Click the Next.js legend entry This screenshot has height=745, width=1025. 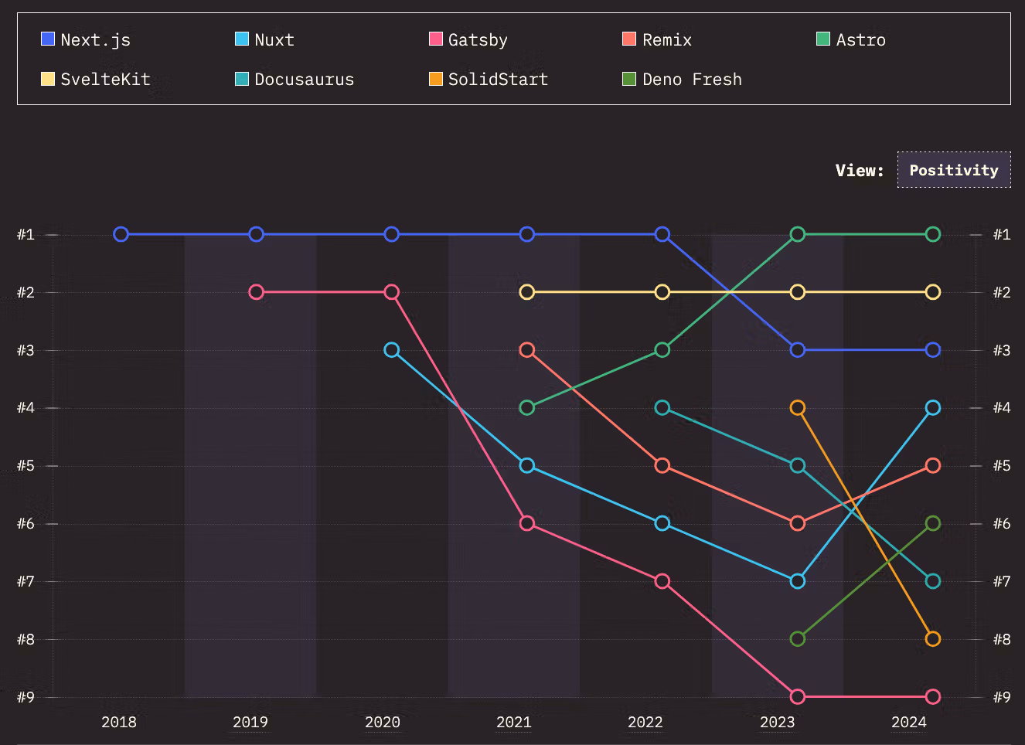pyautogui.click(x=86, y=39)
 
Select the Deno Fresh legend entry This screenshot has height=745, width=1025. pyautogui.click(x=683, y=79)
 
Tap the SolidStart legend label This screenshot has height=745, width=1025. pyautogui.click(x=489, y=79)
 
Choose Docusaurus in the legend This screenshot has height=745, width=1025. pyautogui.click(x=295, y=79)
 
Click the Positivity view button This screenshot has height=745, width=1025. pyautogui.click(x=953, y=170)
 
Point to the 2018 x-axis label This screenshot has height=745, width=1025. pyautogui.click(x=119, y=722)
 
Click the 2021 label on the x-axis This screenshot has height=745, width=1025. pyautogui.click(x=514, y=722)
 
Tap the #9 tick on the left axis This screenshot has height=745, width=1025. pyautogui.click(x=26, y=697)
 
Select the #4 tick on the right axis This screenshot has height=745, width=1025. pyautogui.click(x=1001, y=407)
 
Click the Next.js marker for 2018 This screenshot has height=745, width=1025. pyautogui.click(x=121, y=234)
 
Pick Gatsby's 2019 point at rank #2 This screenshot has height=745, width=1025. pyautogui.click(x=257, y=292)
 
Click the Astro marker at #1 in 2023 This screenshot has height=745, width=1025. pyautogui.click(x=798, y=234)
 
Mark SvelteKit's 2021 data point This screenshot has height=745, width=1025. pyautogui.click(x=527, y=292)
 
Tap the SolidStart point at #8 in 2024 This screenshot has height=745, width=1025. pyautogui.click(x=933, y=639)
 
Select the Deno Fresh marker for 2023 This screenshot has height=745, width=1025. pyautogui.click(x=798, y=639)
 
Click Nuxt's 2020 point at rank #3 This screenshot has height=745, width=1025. pyautogui.click(x=392, y=350)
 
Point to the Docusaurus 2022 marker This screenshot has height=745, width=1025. pyautogui.click(x=662, y=407)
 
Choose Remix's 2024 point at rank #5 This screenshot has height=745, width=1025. pyautogui.click(x=933, y=465)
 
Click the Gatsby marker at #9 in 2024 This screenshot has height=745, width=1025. pyautogui.click(x=933, y=696)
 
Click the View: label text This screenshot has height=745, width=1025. pyautogui.click(x=859, y=170)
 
